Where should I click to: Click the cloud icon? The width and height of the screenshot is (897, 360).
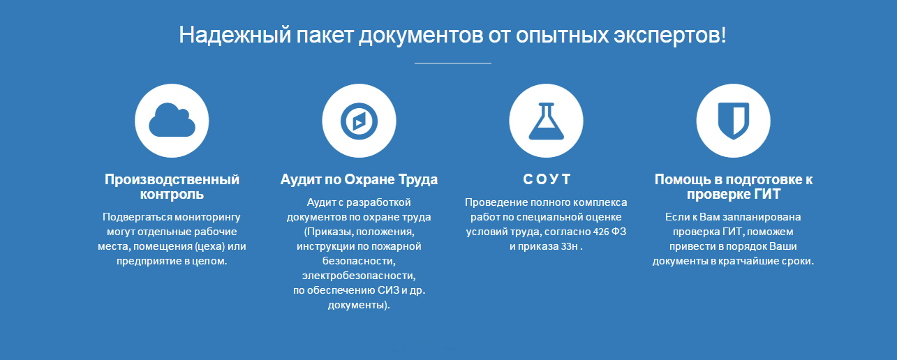172,120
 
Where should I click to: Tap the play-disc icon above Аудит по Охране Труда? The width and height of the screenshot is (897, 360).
359,121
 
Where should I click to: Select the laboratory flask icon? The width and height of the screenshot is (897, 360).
546,121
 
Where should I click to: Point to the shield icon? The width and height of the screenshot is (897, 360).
733,121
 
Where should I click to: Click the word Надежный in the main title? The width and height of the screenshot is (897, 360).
235,35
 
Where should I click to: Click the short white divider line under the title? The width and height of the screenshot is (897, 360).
453,63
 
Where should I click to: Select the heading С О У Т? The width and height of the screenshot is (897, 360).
547,179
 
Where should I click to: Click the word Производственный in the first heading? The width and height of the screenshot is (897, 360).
172,179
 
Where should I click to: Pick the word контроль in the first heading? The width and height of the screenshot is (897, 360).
172,194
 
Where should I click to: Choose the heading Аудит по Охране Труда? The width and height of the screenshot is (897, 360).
359,180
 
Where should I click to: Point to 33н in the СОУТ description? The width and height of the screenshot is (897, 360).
569,246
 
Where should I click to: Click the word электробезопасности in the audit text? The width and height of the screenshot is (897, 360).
359,276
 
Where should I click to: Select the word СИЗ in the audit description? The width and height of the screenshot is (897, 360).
388,290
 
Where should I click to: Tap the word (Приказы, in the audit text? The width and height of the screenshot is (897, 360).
329,232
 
